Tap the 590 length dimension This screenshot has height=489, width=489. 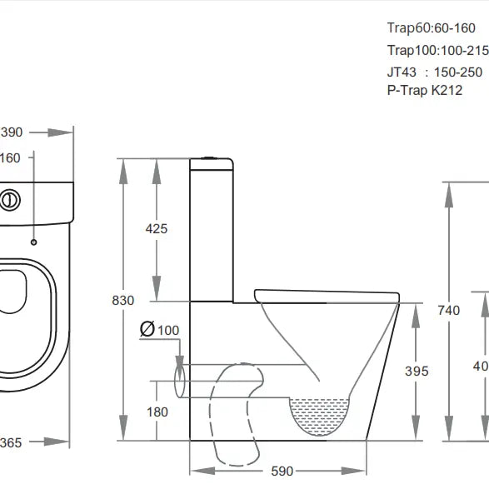coord(282,472)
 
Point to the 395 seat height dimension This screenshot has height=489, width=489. coord(417,371)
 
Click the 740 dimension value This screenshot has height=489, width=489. coord(448,311)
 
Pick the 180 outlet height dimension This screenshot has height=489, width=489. coord(157,412)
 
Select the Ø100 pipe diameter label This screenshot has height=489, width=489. coord(160,330)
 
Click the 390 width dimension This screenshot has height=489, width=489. coord(11,132)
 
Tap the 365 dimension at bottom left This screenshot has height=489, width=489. coord(11,443)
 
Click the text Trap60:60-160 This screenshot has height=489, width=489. coord(432,28)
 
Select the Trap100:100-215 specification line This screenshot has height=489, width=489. coord(437,51)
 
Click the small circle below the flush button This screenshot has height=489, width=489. coord(33,242)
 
